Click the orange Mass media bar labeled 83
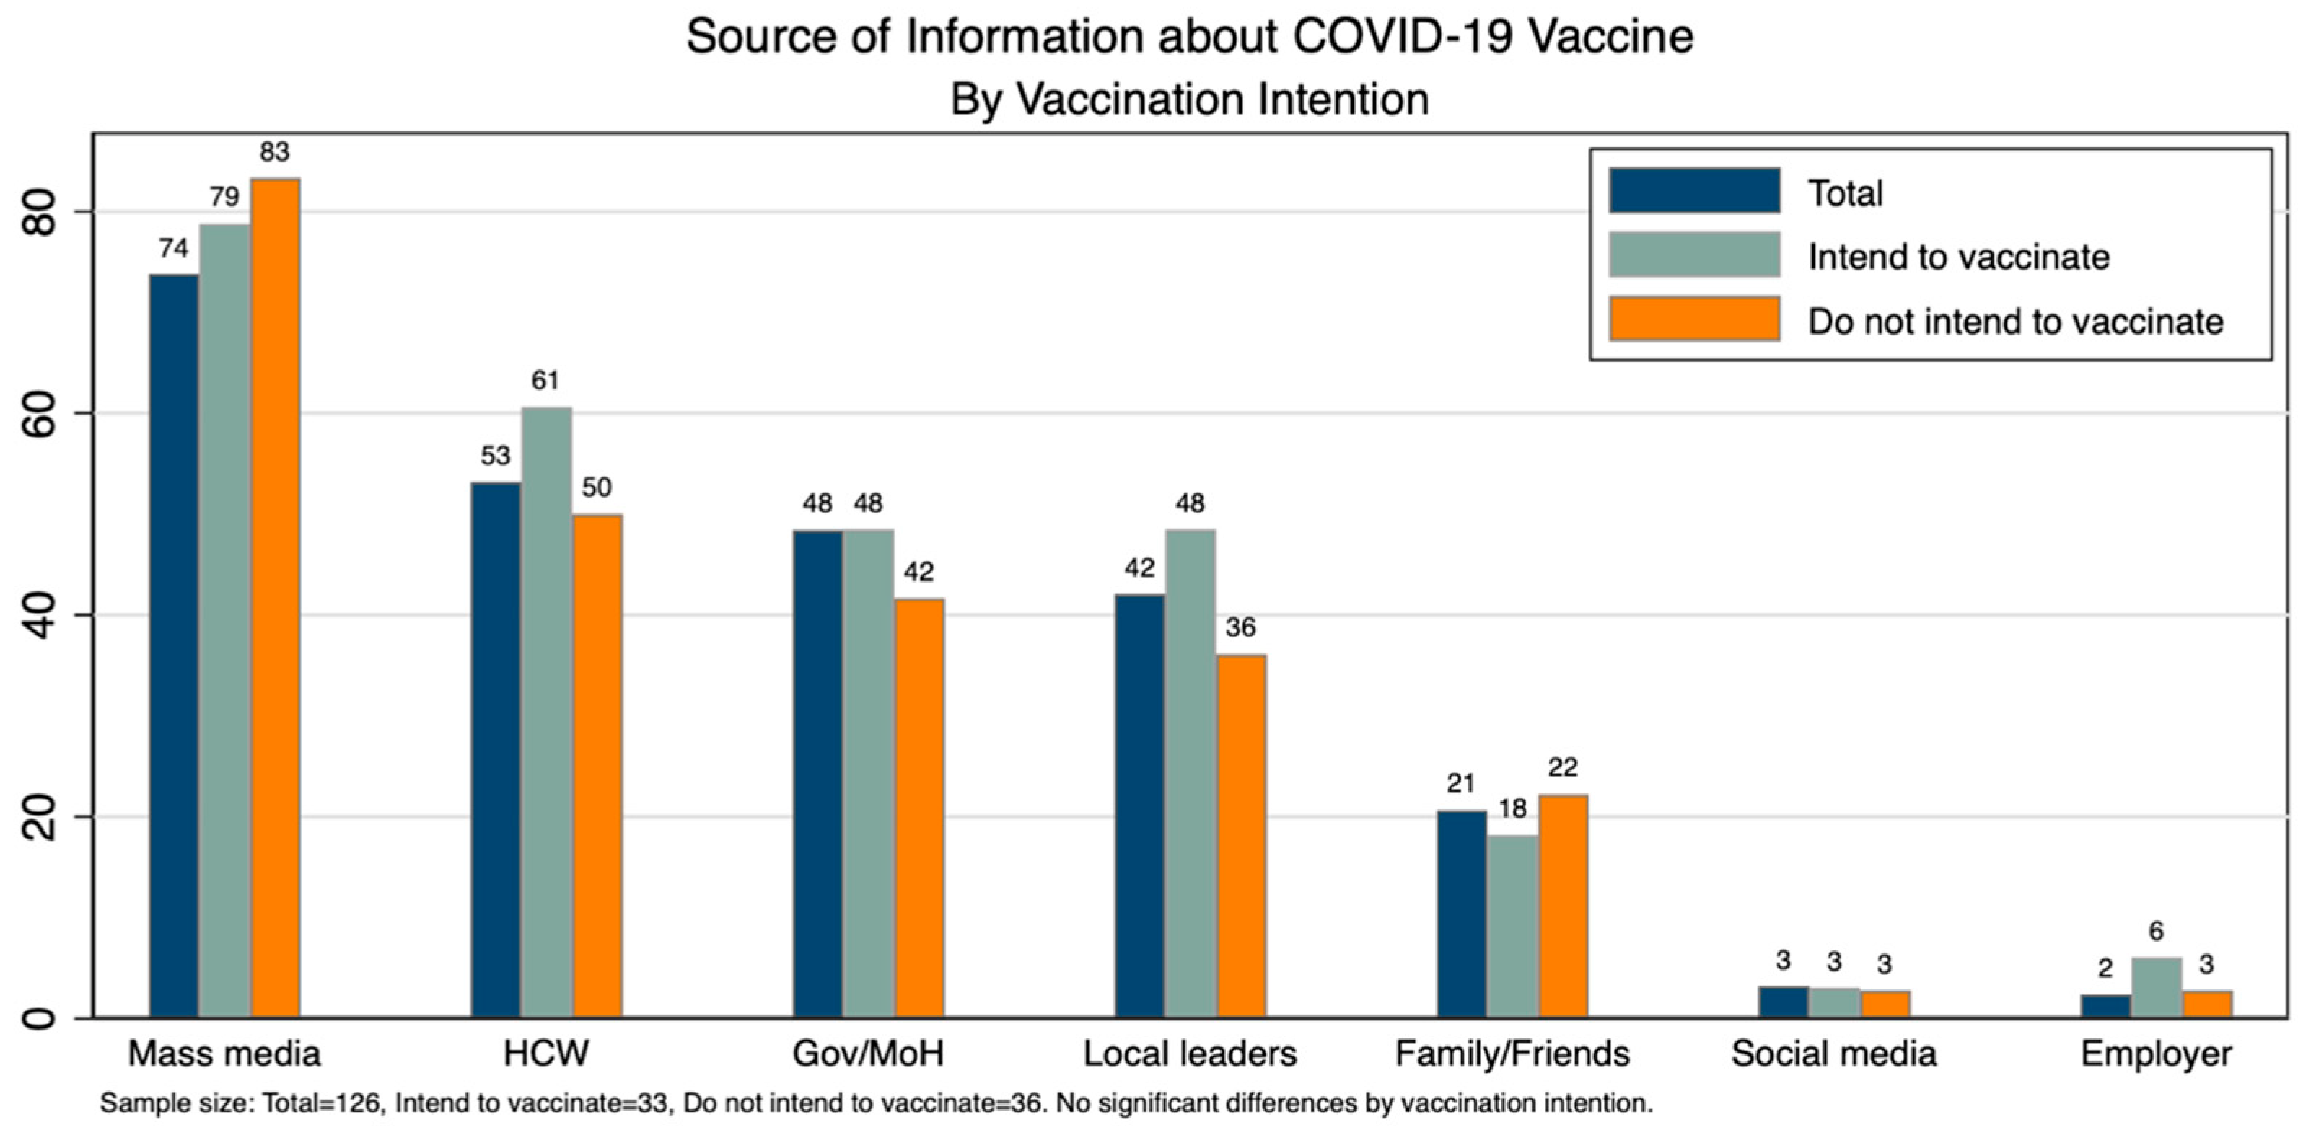[x=275, y=598]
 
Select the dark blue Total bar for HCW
[x=495, y=749]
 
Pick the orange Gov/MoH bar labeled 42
[x=919, y=807]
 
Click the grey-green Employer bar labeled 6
[x=2156, y=987]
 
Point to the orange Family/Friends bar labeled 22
[x=1562, y=905]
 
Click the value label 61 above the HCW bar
[x=545, y=381]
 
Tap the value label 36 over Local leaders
[x=1240, y=628]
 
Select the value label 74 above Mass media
[x=174, y=248]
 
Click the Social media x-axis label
[x=1834, y=1054]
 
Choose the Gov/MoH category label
[x=868, y=1054]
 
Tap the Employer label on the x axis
[x=2156, y=1054]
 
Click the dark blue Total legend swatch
[x=1694, y=191]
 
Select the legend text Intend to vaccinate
[x=1958, y=257]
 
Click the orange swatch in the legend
[x=1694, y=319]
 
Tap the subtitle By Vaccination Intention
[x=1189, y=99]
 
